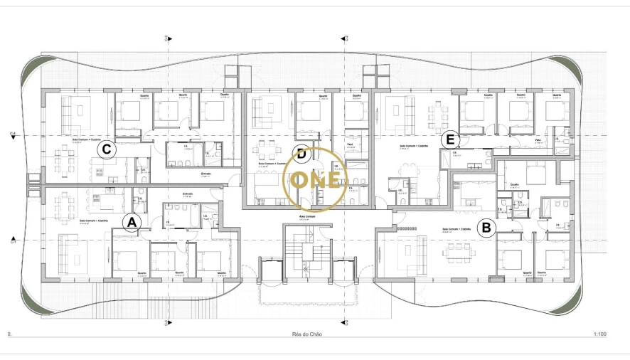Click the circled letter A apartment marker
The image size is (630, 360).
130,223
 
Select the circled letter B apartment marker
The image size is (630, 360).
486,228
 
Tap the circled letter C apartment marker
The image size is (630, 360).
106,149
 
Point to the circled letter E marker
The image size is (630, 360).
449,139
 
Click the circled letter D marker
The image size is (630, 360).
301,153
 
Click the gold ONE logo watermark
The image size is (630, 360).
315,179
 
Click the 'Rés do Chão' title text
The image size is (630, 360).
306,333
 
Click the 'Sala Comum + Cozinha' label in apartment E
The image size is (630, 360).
412,145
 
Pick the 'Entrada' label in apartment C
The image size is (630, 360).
206,172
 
